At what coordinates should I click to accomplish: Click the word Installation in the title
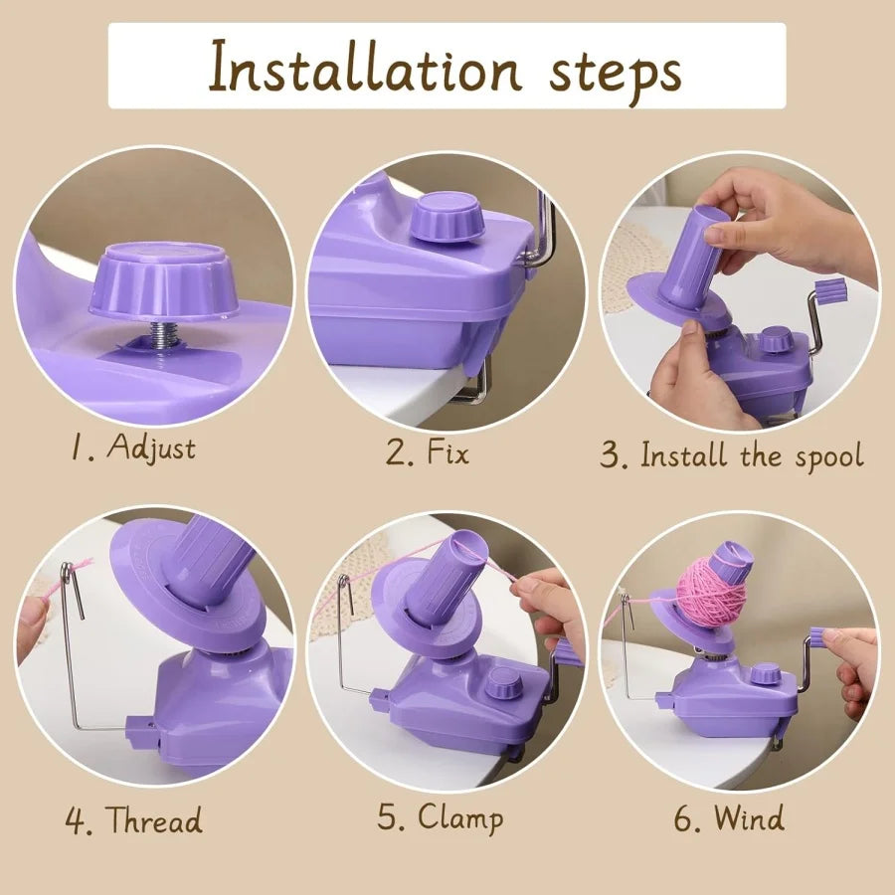coord(364,67)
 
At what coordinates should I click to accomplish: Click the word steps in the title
coord(616,73)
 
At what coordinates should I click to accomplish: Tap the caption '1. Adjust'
coord(133,447)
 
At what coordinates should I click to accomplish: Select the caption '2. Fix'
coord(428,453)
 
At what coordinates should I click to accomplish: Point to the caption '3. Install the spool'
coord(732,456)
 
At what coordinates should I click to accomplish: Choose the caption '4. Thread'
coord(133,819)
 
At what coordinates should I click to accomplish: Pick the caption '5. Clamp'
coord(441,817)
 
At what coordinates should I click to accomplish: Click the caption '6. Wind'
coord(729,818)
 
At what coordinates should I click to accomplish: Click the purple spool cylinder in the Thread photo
coord(210,561)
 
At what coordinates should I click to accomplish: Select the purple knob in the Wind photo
coord(766,673)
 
